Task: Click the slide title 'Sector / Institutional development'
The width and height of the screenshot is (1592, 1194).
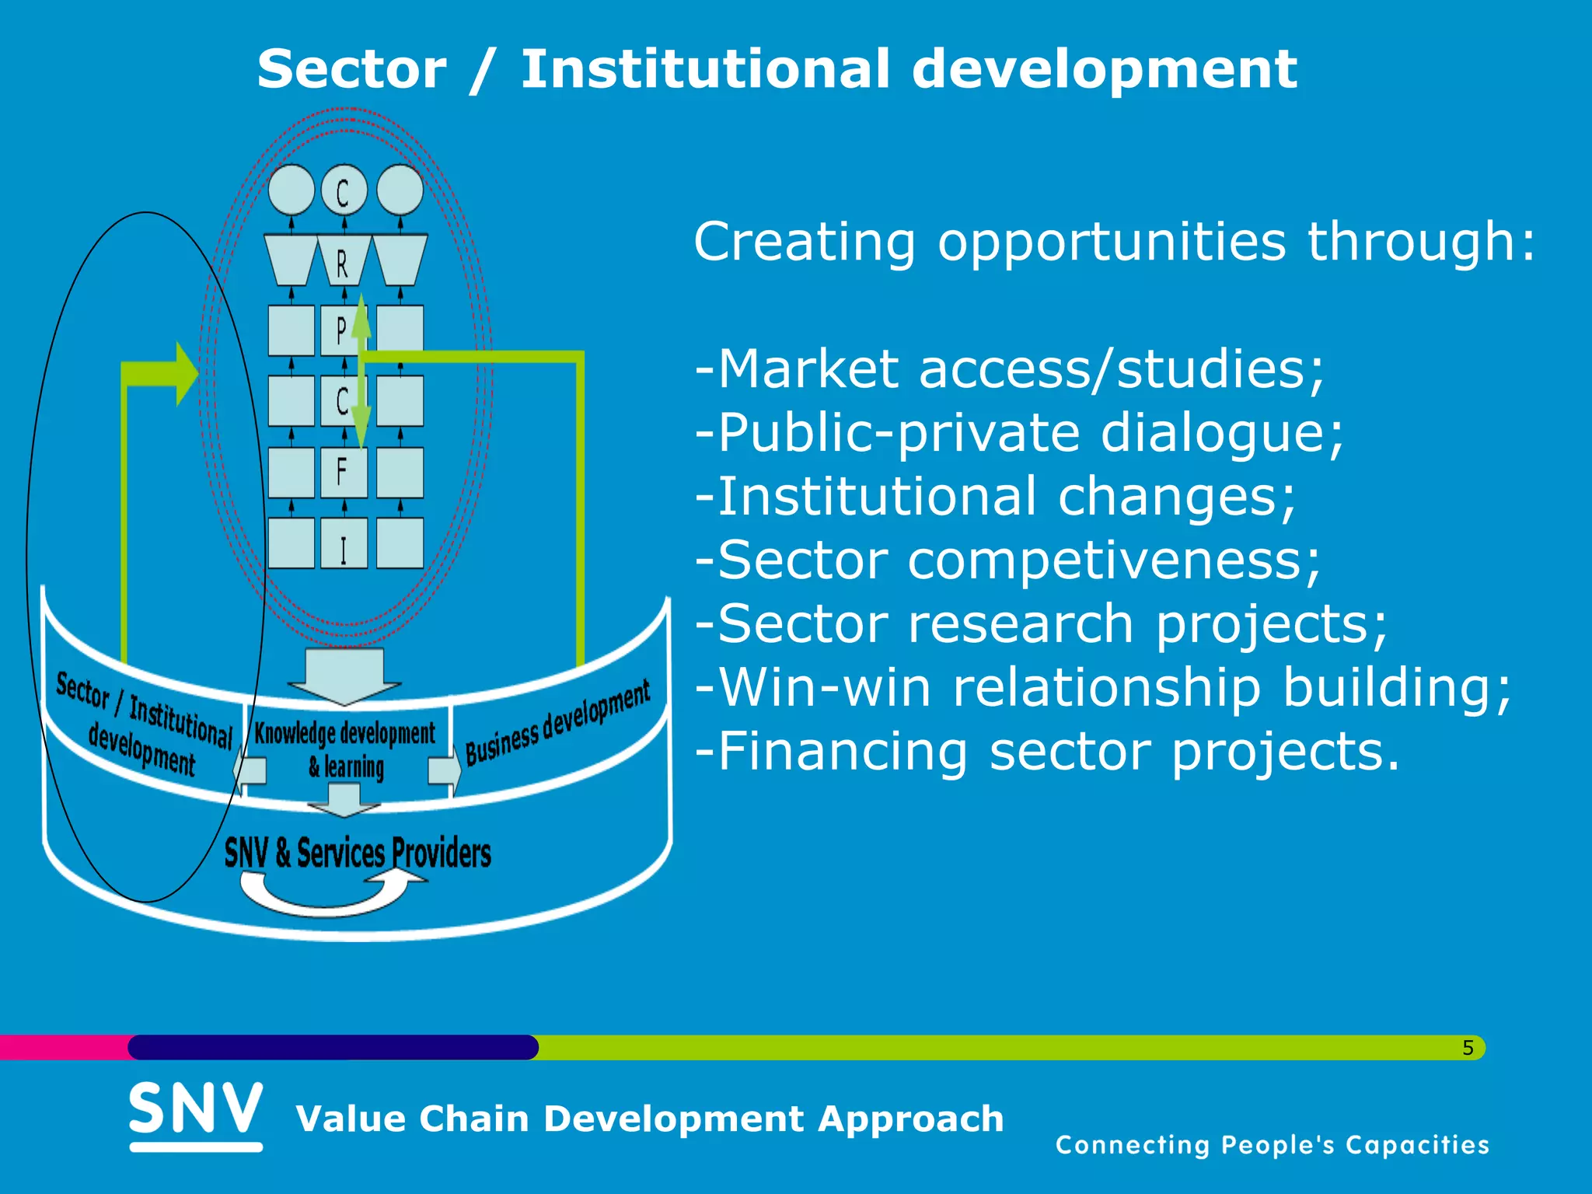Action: (777, 70)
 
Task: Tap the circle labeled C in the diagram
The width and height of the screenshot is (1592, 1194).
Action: (343, 190)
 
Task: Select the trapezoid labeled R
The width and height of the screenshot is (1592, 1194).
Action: (343, 260)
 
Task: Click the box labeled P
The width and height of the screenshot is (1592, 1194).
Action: (340, 330)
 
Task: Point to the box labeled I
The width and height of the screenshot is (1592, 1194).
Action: (343, 543)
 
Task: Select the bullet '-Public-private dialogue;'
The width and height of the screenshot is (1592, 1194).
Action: (1019, 432)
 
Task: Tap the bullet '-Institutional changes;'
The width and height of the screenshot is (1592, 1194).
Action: (996, 496)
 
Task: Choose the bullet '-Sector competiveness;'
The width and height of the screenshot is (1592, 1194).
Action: (1007, 560)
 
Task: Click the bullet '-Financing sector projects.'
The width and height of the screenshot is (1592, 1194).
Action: (1047, 751)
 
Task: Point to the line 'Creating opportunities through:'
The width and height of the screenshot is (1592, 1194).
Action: (1115, 242)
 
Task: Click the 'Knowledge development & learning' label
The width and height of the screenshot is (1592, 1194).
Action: (345, 748)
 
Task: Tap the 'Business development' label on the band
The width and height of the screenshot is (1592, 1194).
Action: (557, 722)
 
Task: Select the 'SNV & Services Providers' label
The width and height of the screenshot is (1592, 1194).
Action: (358, 853)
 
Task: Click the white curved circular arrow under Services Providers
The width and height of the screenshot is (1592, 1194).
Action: (326, 894)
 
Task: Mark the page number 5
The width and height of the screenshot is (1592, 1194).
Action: (1468, 1048)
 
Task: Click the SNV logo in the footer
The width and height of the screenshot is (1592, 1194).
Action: (196, 1113)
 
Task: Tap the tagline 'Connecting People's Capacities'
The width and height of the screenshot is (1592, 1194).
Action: (1272, 1145)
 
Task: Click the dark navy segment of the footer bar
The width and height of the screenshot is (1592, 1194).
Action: (333, 1047)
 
